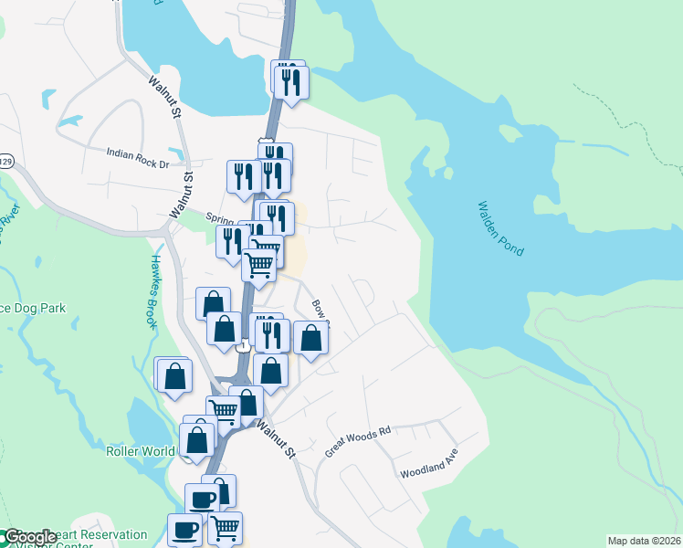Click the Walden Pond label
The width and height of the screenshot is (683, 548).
(500, 229)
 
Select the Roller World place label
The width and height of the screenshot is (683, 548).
(140, 451)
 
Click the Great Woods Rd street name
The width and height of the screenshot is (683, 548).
(357, 441)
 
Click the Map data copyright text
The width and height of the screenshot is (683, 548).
(644, 541)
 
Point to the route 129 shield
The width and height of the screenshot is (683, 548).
(5, 162)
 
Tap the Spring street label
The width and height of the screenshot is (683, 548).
(220, 218)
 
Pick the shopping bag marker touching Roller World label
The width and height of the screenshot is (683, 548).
(197, 439)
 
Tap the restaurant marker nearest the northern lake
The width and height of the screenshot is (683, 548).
(291, 82)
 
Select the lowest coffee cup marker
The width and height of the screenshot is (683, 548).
(184, 529)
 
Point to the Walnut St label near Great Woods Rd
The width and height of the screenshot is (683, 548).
(277, 439)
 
